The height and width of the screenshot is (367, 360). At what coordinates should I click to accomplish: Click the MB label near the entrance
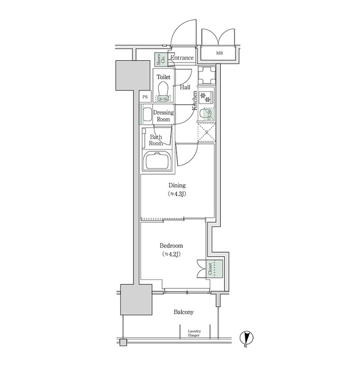220,54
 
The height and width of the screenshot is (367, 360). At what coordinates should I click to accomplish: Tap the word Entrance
182,58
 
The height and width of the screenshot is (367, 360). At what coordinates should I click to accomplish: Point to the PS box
145,96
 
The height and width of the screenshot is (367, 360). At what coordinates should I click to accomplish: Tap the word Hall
185,88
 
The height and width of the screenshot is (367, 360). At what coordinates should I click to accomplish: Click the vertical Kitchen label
195,101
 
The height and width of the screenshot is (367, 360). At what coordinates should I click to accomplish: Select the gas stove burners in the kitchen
206,97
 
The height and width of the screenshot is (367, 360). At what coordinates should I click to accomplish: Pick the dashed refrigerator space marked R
206,134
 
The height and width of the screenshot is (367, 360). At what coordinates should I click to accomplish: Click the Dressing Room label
163,116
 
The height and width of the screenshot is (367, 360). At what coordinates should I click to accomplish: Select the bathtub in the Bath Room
158,162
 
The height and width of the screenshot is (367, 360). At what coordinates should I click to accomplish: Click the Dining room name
177,185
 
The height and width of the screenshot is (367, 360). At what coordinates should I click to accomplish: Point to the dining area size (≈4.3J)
177,194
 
